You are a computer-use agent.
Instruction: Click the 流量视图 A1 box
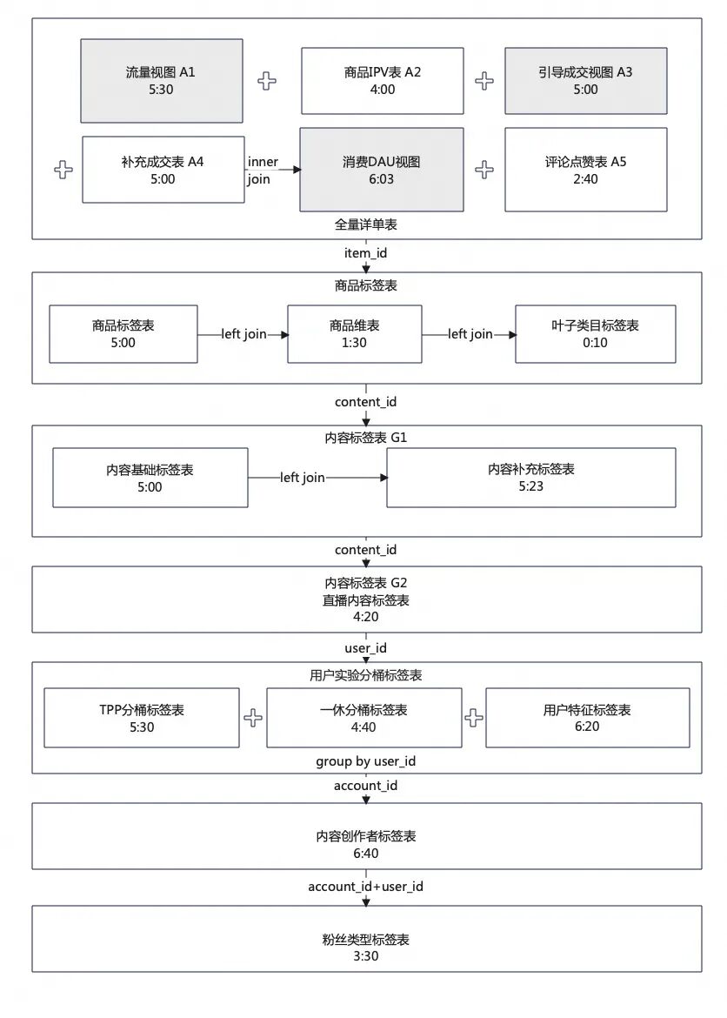tap(162, 81)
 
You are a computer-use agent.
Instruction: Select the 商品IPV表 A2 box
tap(383, 81)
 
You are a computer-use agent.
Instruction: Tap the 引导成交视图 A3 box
tap(586, 81)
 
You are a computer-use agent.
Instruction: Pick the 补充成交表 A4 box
tap(163, 170)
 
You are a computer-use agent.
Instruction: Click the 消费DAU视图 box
tap(382, 170)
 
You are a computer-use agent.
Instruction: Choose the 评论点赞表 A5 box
tap(586, 170)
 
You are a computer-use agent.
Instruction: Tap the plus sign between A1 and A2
tap(267, 81)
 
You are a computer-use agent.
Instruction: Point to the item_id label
tap(365, 253)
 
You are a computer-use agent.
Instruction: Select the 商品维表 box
tap(355, 334)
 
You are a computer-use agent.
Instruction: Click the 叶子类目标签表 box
tap(595, 334)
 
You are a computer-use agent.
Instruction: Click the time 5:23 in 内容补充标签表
tap(531, 486)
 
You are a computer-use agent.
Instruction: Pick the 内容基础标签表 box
tap(150, 478)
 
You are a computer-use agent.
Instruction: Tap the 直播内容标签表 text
tap(366, 600)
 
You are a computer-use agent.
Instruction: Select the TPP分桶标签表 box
tap(142, 718)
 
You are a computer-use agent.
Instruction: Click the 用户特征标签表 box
tap(588, 718)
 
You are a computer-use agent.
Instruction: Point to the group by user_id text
tap(366, 761)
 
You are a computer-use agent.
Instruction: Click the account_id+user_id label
tap(365, 887)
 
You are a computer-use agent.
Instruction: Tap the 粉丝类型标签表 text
tap(366, 940)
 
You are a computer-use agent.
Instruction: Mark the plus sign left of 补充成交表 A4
tap(63, 170)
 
